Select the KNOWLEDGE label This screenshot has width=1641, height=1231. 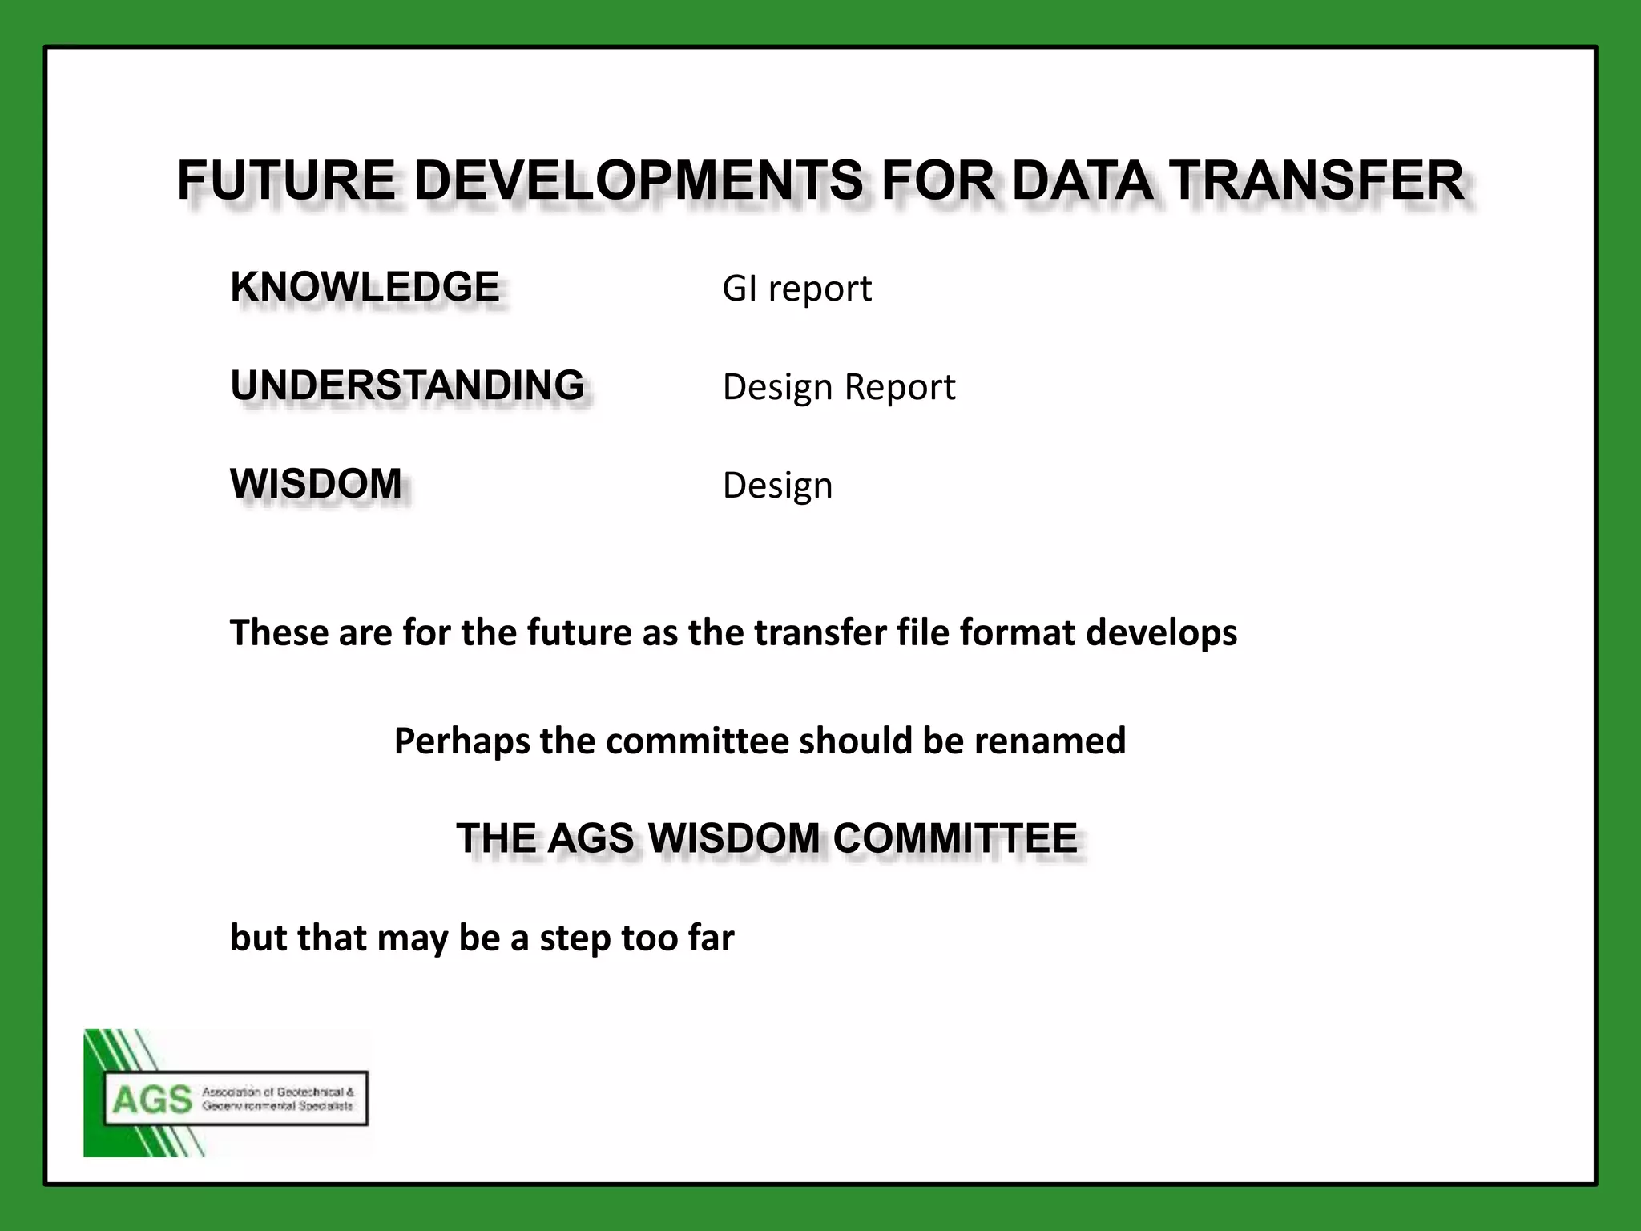[x=365, y=287]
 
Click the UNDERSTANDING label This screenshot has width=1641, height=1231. [x=407, y=385]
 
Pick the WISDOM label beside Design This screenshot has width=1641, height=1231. [x=316, y=484]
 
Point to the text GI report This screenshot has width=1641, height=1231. [x=796, y=289]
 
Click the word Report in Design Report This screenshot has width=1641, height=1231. [x=900, y=387]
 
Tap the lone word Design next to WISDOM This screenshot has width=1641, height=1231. [x=777, y=486]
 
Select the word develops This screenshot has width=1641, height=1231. [x=1162, y=632]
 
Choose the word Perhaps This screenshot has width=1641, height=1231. [x=462, y=741]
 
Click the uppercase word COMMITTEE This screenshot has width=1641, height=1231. [x=955, y=838]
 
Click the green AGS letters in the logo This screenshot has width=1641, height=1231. [x=152, y=1100]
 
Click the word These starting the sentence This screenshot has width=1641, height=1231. [x=279, y=632]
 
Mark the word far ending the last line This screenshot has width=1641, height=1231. [x=711, y=938]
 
